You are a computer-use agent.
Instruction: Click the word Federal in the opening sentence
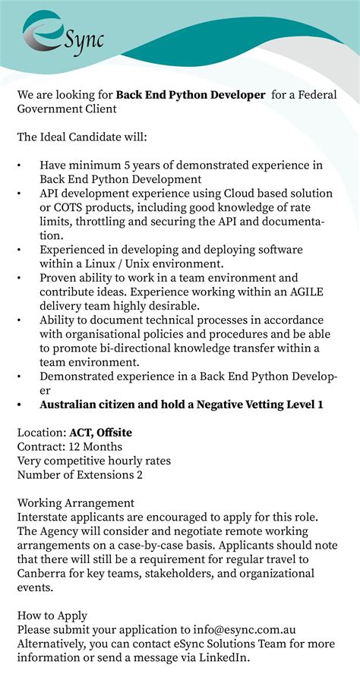click(x=316, y=94)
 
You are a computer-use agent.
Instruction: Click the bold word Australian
click(x=77, y=405)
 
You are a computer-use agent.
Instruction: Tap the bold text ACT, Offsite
click(x=101, y=433)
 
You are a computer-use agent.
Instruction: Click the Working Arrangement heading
click(x=76, y=503)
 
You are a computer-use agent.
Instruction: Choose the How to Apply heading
click(x=52, y=616)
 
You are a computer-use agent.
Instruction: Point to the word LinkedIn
click(x=222, y=658)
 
